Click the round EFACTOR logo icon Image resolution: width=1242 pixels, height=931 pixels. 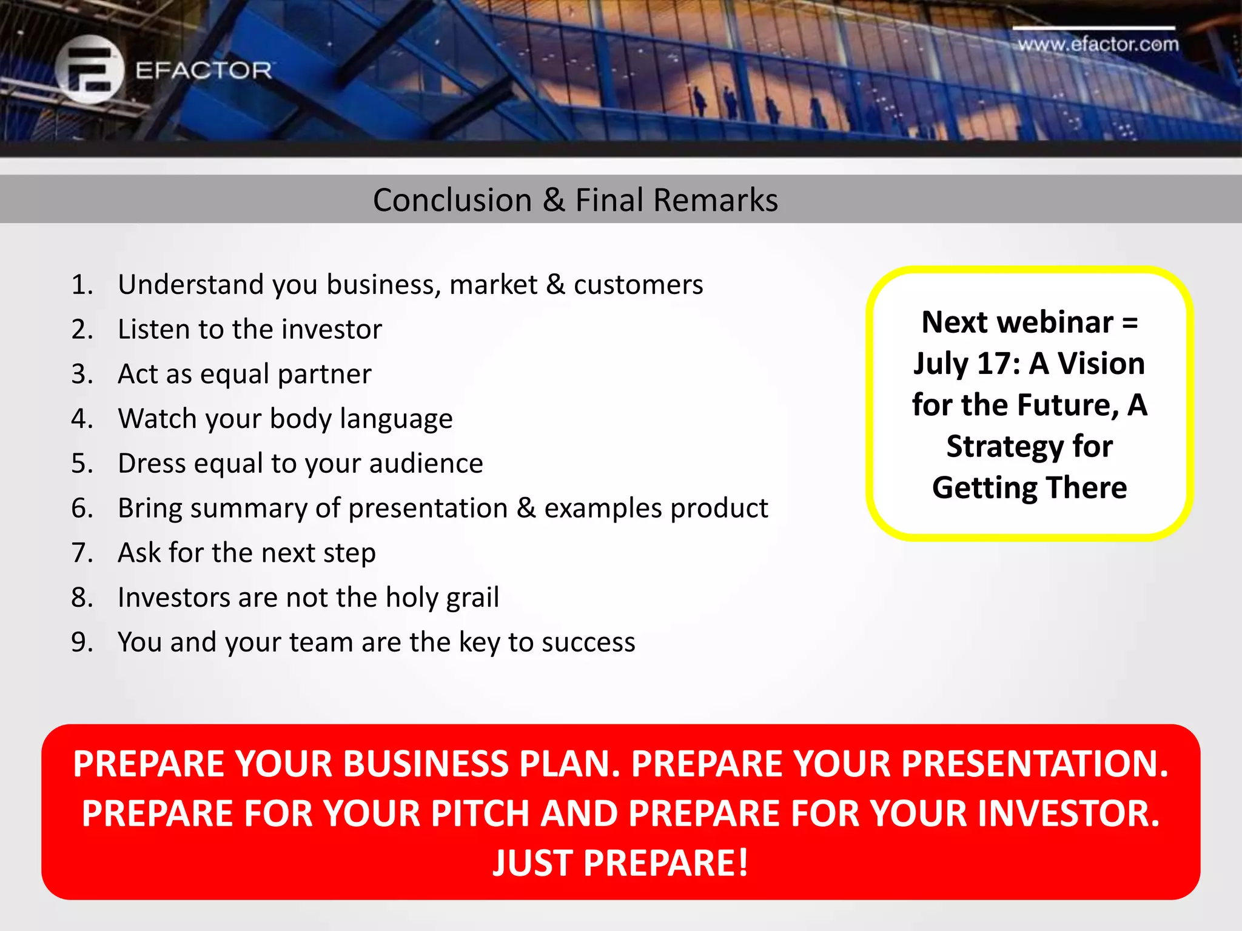pyautogui.click(x=89, y=70)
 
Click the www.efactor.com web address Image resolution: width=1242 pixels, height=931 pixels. pyautogui.click(x=1098, y=44)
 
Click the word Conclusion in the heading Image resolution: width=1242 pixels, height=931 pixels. pyautogui.click(x=452, y=200)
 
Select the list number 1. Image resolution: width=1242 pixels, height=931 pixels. pyautogui.click(x=82, y=285)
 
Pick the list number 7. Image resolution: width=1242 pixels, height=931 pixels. pyautogui.click(x=82, y=553)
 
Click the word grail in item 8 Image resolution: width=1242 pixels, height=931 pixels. pyautogui.click(x=472, y=598)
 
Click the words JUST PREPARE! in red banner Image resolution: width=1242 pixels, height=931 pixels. pyautogui.click(x=620, y=863)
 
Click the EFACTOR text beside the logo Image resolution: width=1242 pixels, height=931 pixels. pyautogui.click(x=204, y=71)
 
